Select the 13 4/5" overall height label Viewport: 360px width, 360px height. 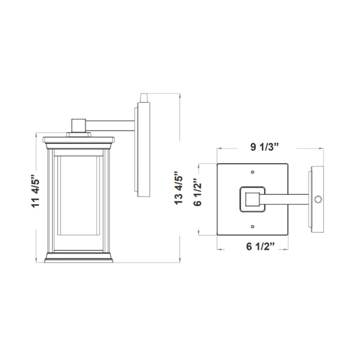[179, 188]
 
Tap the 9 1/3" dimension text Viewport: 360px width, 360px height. [264, 147]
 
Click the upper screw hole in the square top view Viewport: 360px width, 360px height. [252, 172]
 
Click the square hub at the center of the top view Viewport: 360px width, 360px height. [252, 199]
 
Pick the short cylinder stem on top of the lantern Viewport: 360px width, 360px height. [78, 125]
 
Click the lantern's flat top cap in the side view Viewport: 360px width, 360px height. [78, 139]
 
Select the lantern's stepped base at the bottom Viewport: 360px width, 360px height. [79, 257]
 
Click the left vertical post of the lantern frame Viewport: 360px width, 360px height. [51, 201]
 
